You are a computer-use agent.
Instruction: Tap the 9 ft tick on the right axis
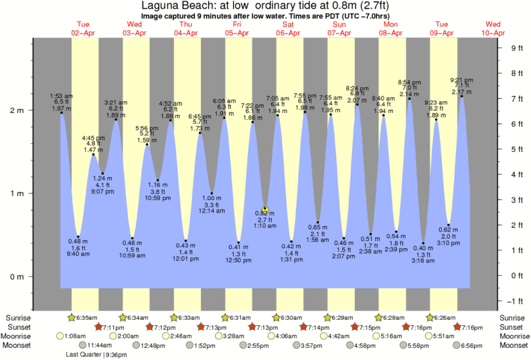tap(516, 48)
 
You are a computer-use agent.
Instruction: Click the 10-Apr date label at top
tap(494, 31)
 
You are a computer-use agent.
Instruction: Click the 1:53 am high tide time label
tap(62, 96)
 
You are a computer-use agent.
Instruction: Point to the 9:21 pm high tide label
tap(461, 79)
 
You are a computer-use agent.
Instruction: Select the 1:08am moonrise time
tap(77, 336)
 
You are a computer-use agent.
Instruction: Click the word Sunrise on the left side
tap(17, 317)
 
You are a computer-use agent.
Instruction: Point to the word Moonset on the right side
tap(512, 345)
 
